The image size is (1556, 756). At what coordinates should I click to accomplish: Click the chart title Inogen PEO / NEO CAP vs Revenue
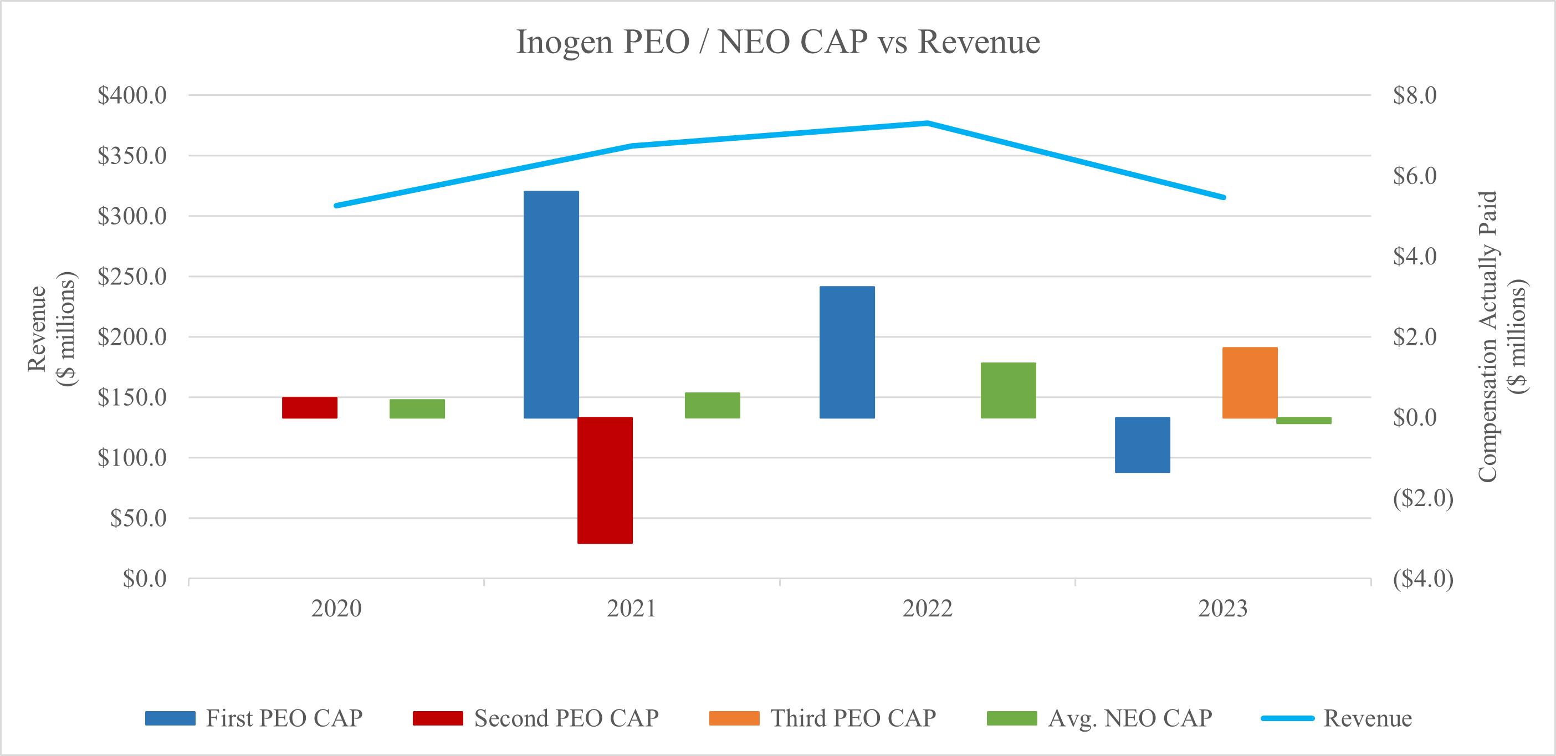778,42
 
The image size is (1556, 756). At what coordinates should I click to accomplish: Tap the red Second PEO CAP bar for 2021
605,480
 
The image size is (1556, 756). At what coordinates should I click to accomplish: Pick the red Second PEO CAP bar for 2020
309,407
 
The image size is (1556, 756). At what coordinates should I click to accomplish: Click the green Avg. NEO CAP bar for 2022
1008,390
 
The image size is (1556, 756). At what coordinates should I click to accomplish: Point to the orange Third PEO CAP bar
1250,382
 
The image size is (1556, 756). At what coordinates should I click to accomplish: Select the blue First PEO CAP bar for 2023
1142,445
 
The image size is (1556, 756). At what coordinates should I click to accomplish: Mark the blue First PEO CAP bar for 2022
847,352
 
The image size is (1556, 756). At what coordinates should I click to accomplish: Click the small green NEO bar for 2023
1303,421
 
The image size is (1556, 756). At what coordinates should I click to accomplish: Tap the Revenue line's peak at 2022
927,123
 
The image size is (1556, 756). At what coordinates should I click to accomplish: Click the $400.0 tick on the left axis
132,95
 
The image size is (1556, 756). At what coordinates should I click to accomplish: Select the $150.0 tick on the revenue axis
132,397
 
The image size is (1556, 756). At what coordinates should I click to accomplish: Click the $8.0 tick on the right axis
1414,95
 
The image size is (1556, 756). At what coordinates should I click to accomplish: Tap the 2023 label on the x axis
1222,609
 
